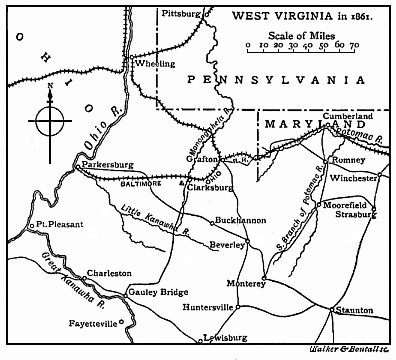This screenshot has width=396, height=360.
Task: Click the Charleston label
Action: [x=109, y=272]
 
